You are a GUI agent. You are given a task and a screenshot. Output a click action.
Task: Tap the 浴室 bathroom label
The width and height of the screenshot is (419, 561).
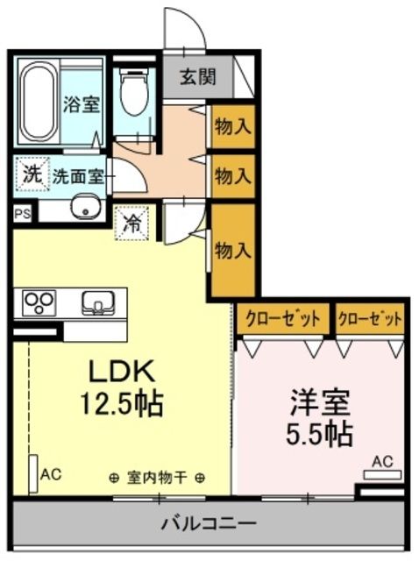click(x=82, y=104)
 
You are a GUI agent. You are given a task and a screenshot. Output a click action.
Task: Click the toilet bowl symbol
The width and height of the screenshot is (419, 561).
click(x=134, y=96)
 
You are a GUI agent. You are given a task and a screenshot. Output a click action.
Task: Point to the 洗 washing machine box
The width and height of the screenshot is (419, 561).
click(x=31, y=173)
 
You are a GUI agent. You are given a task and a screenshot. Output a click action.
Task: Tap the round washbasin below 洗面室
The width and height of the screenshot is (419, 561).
click(x=85, y=209)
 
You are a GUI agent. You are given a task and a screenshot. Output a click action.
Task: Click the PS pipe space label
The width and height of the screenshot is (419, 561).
click(x=20, y=213)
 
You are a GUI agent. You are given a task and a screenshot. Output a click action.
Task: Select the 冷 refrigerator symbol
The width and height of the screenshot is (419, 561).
click(x=133, y=222)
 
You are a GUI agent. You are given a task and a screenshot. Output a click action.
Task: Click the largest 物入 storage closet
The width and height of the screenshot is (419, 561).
click(x=233, y=251)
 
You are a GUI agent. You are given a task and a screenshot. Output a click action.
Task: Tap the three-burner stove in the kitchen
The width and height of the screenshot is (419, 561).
click(x=39, y=303)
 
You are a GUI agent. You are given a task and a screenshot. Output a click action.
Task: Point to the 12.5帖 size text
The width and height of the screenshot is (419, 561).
click(x=121, y=404)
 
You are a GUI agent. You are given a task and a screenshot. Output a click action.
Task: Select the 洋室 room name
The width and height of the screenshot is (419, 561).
click(x=321, y=402)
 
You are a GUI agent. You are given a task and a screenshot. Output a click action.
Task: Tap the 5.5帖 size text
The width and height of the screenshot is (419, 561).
click(x=321, y=433)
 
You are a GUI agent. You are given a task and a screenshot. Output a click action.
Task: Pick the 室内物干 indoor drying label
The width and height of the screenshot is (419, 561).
click(x=158, y=478)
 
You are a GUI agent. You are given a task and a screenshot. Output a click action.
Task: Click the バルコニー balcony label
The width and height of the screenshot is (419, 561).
click(x=208, y=526)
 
